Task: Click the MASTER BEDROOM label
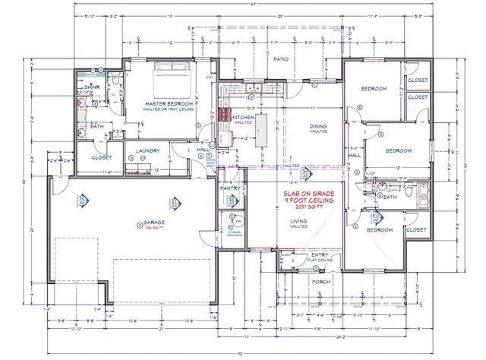pyautogui.click(x=168, y=102)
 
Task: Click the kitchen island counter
pyautogui.click(x=263, y=130)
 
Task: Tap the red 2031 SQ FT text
pyautogui.click(x=310, y=208)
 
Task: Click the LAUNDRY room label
pyautogui.click(x=148, y=150)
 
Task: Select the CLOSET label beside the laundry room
pyautogui.click(x=101, y=157)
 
